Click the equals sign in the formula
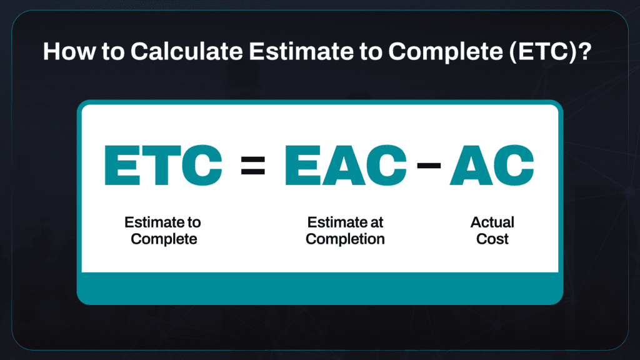253,165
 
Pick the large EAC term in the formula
346,165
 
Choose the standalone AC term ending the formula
492,165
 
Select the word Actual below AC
492,222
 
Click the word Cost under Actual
492,239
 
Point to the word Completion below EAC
346,239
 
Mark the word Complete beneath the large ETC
164,239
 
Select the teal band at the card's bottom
320,288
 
